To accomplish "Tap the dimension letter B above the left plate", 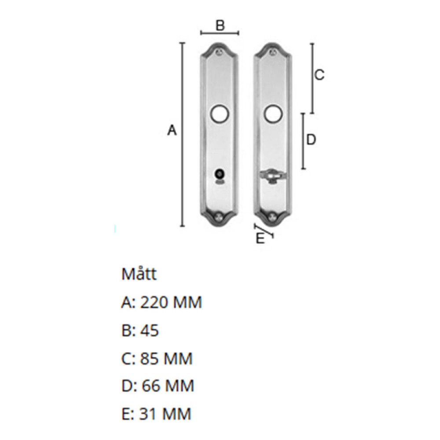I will pyautogui.click(x=220, y=26).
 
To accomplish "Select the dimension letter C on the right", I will pyautogui.click(x=319, y=75).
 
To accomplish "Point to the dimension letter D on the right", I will pyautogui.click(x=311, y=140).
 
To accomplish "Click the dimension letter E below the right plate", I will pyautogui.click(x=260, y=239).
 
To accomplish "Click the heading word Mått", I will pyautogui.click(x=139, y=275).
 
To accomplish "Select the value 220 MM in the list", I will pyautogui.click(x=171, y=303).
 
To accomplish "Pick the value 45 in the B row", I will pyautogui.click(x=149, y=330).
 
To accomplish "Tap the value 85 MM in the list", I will pyautogui.click(x=166, y=359).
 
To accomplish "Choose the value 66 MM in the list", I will pyautogui.click(x=167, y=386).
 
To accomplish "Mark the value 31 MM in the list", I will pyautogui.click(x=165, y=414).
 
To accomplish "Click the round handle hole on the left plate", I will pyautogui.click(x=219, y=114).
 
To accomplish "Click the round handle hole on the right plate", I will pyautogui.click(x=272, y=114).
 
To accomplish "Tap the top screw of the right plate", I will pyautogui.click(x=273, y=52).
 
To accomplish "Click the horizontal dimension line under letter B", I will pyautogui.click(x=220, y=33).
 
